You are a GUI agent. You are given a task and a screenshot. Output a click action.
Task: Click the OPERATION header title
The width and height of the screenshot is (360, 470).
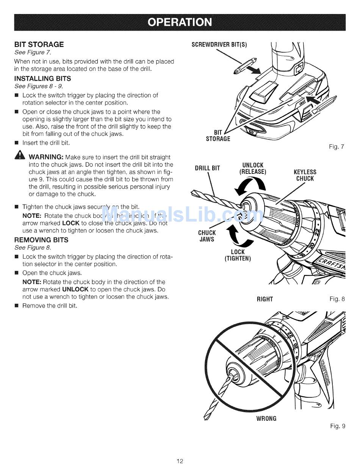tap(180, 22)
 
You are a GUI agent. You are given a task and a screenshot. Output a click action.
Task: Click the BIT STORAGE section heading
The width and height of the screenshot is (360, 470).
tap(39, 44)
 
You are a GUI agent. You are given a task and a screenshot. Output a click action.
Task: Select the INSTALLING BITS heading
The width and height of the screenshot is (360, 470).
tap(42, 79)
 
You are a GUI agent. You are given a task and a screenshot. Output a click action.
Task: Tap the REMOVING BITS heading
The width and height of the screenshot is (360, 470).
tap(41, 240)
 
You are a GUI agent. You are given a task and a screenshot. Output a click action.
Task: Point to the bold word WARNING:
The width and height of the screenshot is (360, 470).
tap(46, 157)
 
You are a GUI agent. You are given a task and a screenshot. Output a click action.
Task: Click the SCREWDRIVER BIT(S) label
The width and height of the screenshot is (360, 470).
tap(219, 45)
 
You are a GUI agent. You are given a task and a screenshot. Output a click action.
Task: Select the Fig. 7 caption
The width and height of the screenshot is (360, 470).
tap(337, 147)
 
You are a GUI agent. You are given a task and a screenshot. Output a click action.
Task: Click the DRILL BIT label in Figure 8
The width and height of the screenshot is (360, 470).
tap(207, 168)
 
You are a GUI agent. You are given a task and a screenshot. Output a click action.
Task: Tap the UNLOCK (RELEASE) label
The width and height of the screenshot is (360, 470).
tap(253, 169)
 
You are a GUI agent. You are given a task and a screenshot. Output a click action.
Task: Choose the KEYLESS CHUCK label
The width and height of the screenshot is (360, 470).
tap(305, 175)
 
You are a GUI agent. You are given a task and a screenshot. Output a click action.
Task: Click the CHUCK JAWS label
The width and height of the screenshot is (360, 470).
tap(207, 236)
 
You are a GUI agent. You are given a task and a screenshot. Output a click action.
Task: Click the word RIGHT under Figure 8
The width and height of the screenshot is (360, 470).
tap(265, 299)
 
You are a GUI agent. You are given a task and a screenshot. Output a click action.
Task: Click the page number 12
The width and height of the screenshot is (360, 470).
tap(180, 461)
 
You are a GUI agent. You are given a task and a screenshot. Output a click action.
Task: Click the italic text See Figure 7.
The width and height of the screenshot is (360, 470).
tap(33, 52)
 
